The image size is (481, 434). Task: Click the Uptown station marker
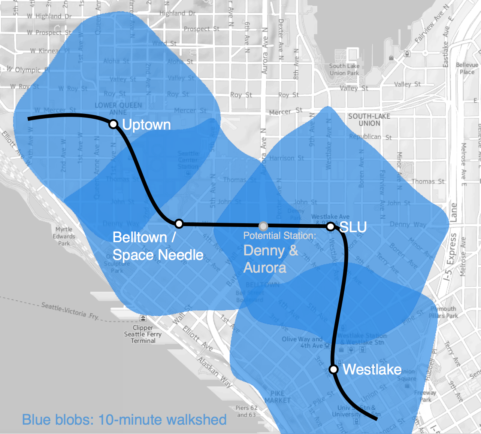pyautogui.click(x=114, y=124)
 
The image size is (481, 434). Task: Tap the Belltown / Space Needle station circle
pyautogui.click(x=179, y=224)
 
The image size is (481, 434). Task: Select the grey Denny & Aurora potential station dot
pyautogui.click(x=263, y=226)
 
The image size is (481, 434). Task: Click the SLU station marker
pyautogui.click(x=330, y=226)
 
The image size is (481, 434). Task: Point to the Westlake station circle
pyautogui.click(x=333, y=369)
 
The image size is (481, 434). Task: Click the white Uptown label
pyautogui.click(x=146, y=125)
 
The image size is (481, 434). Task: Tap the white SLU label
pyautogui.click(x=353, y=227)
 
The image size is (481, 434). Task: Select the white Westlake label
pyautogui.click(x=372, y=370)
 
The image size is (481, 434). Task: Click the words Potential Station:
pyautogui.click(x=279, y=236)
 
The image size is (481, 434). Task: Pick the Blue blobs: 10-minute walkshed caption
pyautogui.click(x=124, y=420)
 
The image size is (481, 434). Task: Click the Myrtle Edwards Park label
pyautogui.click(x=64, y=236)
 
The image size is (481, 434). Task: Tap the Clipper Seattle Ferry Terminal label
pyautogui.click(x=143, y=334)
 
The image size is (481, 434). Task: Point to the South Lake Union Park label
pyautogui.click(x=344, y=69)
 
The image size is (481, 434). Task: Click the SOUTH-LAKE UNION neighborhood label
pyautogui.click(x=369, y=120)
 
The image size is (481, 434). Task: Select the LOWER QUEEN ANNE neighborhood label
pyautogui.click(x=118, y=109)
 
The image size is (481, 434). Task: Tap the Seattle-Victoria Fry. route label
pyautogui.click(x=70, y=311)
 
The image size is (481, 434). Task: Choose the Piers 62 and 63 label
pyautogui.click(x=246, y=411)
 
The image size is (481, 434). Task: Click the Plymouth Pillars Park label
pyautogui.click(x=443, y=312)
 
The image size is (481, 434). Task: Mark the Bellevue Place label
pyautogui.click(x=467, y=68)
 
